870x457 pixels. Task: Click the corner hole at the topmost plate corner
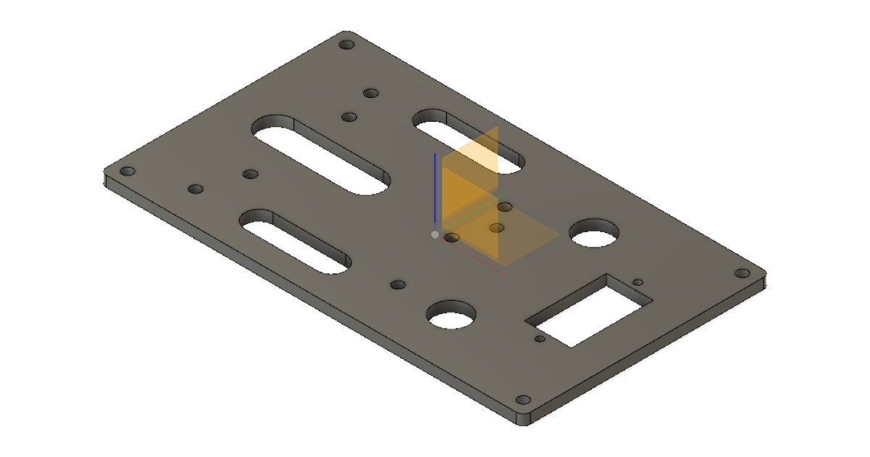point(347,45)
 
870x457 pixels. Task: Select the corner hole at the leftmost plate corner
point(128,172)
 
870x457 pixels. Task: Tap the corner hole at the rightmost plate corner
point(742,273)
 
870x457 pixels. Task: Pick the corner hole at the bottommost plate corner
point(523,400)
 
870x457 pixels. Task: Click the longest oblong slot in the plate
point(321,154)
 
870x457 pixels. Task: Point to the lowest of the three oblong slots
point(295,242)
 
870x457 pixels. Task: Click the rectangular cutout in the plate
point(589,310)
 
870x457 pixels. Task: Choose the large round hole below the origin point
point(451,316)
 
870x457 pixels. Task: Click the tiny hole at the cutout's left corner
point(539,339)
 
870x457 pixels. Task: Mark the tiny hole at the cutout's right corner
point(638,282)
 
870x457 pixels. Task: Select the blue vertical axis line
point(434,189)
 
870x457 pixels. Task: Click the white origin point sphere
point(435,234)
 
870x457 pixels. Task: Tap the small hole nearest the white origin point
point(452,237)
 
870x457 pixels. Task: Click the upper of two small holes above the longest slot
point(371,94)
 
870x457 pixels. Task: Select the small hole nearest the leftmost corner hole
point(195,189)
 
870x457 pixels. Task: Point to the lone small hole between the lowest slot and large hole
point(397,285)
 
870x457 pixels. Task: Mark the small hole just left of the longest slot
point(250,174)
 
